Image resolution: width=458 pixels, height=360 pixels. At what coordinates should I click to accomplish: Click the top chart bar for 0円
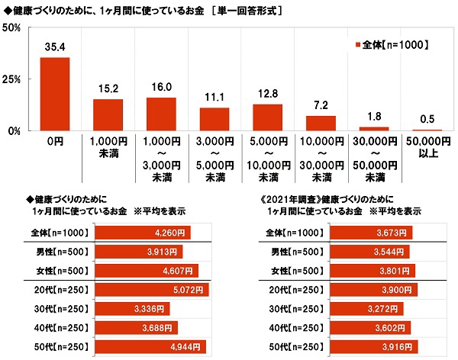coord(55,94)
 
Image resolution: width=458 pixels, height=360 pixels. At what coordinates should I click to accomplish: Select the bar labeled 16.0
coord(161,114)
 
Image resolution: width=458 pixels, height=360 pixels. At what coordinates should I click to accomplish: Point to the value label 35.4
coord(55,47)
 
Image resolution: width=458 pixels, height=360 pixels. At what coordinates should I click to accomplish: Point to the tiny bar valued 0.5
coord(427,130)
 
